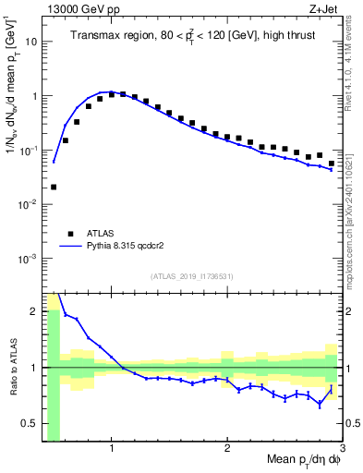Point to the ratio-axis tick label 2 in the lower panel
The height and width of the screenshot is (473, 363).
tap(34, 310)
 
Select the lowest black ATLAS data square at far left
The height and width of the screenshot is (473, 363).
tap(54, 187)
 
